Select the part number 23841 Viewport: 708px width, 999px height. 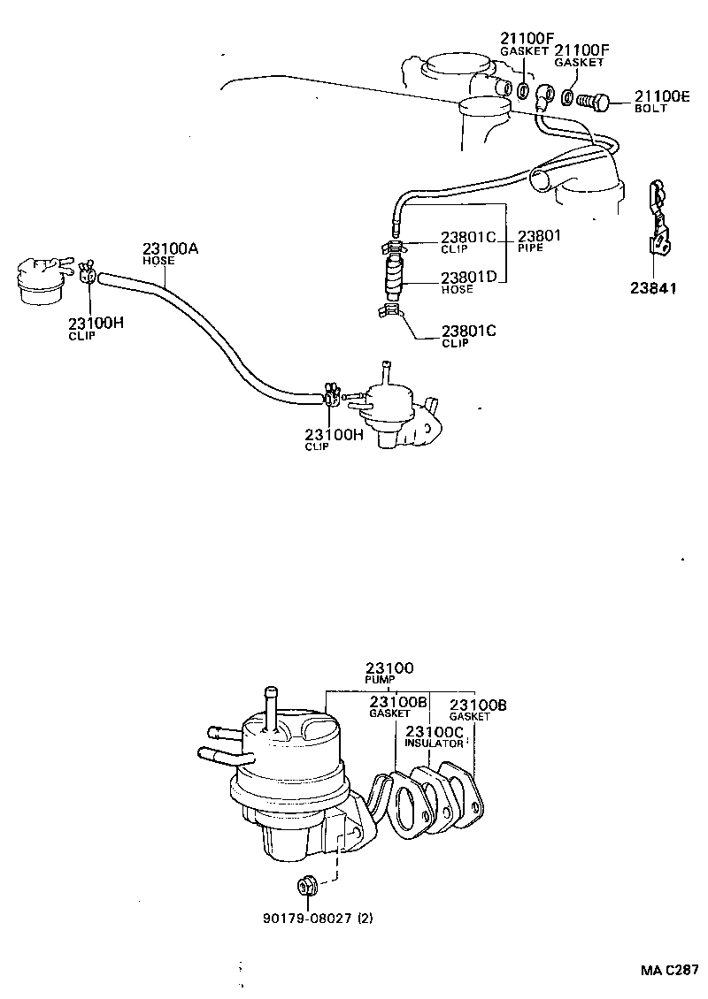pos(656,287)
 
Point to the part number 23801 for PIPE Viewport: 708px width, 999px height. pos(540,236)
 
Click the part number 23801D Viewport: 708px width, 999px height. pos(469,278)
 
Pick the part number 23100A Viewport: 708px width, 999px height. pos(170,249)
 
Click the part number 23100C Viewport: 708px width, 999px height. pos(434,732)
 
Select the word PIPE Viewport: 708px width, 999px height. pos(529,248)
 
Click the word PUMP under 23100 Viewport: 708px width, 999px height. pos(381,680)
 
